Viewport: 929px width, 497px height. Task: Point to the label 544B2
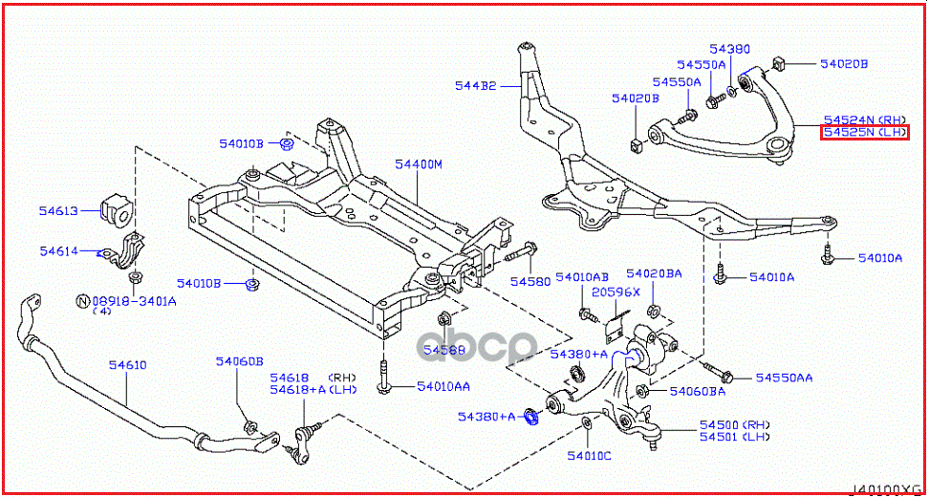[475, 86]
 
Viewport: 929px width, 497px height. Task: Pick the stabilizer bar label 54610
[127, 364]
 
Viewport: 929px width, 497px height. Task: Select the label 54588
[445, 350]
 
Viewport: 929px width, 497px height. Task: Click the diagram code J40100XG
[888, 489]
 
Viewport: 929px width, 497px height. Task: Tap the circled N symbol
[82, 300]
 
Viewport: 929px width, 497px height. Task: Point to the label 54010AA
[443, 386]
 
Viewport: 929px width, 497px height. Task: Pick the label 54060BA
[697, 391]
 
